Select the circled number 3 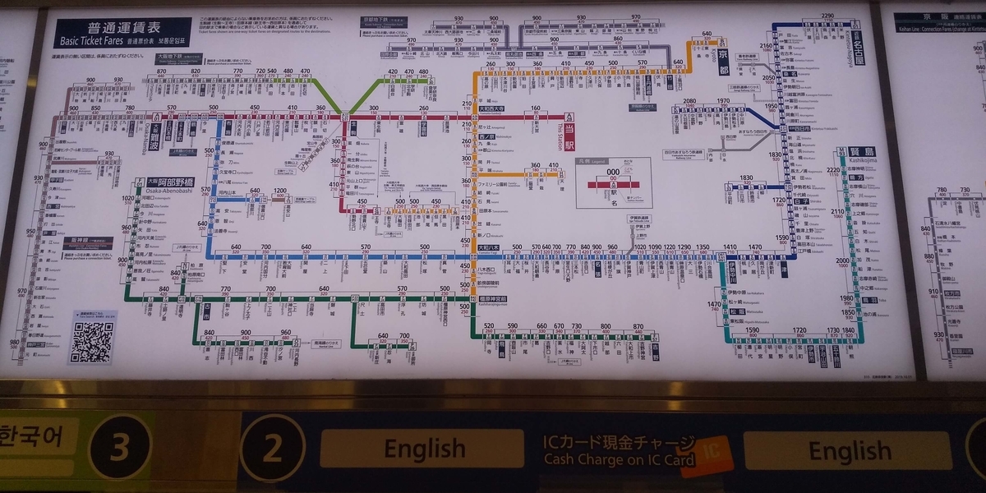click(x=121, y=449)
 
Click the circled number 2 click(x=272, y=449)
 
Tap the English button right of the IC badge click(x=849, y=450)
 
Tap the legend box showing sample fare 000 click(x=613, y=182)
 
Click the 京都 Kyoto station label click(x=723, y=55)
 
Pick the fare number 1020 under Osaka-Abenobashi click(x=127, y=199)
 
